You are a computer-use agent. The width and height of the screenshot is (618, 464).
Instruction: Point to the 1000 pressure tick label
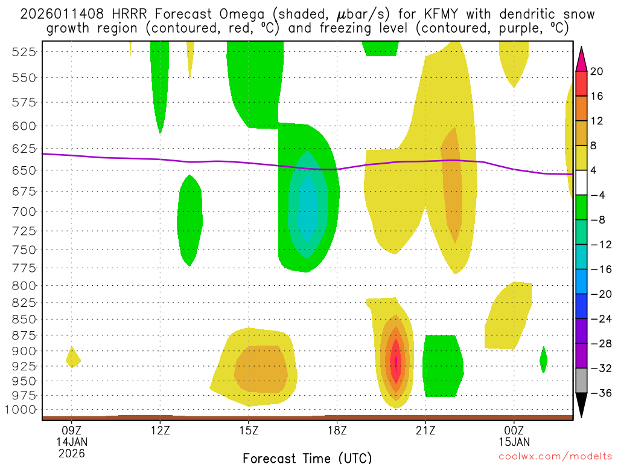22,410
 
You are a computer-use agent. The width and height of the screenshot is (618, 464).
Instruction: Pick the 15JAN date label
514,442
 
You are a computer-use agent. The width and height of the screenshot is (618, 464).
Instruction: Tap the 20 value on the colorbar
597,71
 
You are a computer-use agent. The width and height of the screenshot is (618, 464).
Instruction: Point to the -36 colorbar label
599,393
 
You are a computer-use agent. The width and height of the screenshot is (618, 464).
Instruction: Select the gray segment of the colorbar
581,381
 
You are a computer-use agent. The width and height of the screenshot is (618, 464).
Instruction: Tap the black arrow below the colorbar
581,405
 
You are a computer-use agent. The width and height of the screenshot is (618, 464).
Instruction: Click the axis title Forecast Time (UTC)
307,458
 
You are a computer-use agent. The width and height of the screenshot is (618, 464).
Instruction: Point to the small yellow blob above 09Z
73,358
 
